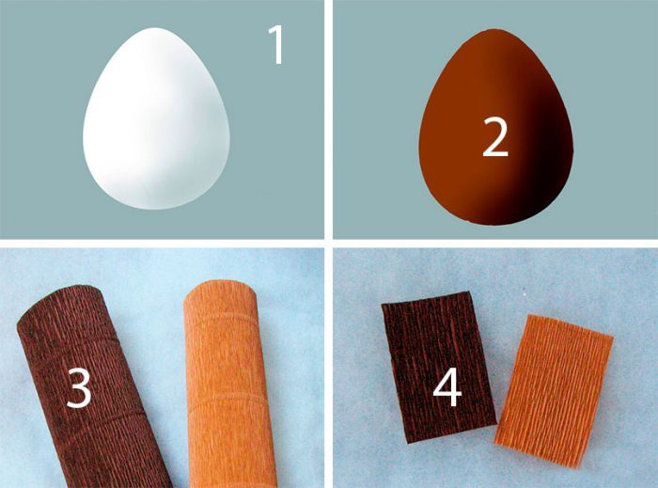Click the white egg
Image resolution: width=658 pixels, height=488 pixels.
[156, 119]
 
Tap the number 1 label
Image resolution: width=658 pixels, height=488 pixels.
[277, 44]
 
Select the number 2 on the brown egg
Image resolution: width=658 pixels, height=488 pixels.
[495, 136]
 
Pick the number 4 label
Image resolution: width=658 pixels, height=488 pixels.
[446, 388]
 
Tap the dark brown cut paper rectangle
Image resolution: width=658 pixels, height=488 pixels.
[439, 367]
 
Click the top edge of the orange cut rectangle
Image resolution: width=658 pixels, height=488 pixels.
[569, 324]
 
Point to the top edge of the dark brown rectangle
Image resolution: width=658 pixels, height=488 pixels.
[426, 299]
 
